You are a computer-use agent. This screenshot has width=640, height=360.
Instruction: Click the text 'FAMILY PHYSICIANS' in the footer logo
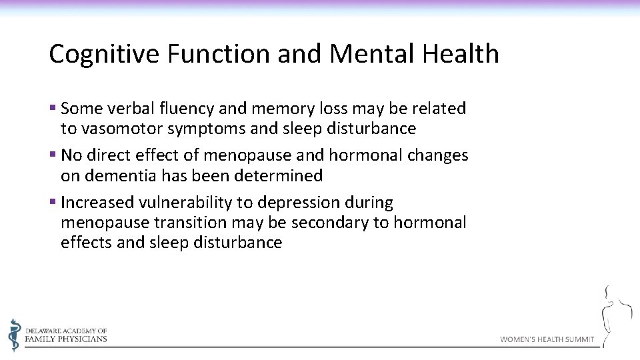coord(65,339)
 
